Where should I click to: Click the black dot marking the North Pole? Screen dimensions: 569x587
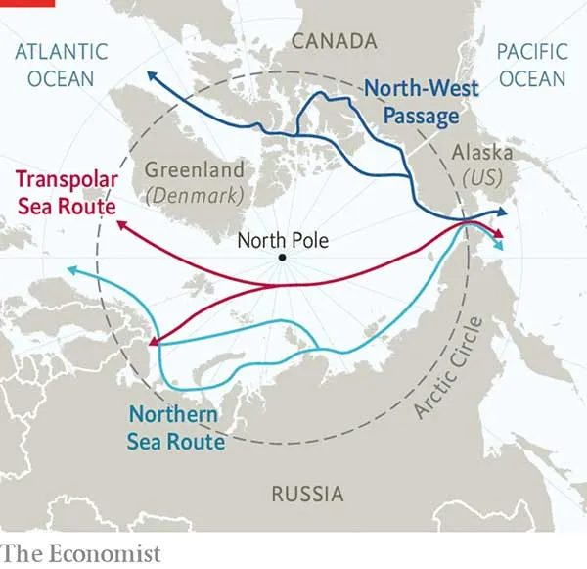(x=282, y=258)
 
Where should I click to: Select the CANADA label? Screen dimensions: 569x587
(x=334, y=41)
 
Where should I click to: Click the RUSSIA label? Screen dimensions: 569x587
(x=307, y=493)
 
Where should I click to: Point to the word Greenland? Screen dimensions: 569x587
(x=195, y=169)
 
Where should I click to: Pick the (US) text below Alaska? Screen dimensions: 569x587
(x=480, y=178)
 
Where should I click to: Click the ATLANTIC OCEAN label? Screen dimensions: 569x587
(x=61, y=64)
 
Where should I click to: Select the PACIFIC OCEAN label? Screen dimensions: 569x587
(x=531, y=64)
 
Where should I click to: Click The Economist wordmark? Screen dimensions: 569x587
(x=80, y=554)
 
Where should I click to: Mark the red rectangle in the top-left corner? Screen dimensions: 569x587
(x=27, y=3)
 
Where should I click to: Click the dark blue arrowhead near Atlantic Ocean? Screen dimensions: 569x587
(x=149, y=73)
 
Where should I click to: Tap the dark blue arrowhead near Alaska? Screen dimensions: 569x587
(x=503, y=211)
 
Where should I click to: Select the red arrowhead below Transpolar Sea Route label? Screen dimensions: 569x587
(x=121, y=225)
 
